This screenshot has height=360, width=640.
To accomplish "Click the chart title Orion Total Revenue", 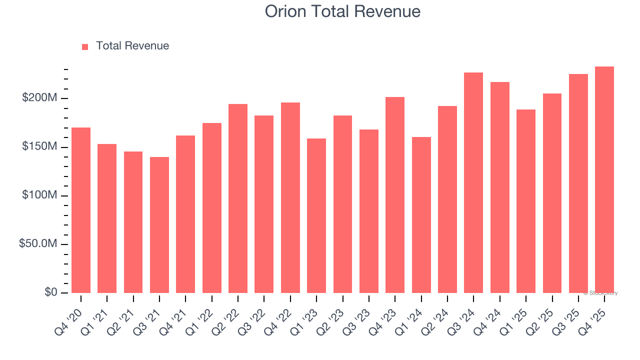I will click(x=342, y=11).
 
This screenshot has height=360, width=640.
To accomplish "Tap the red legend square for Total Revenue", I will click(x=85, y=46).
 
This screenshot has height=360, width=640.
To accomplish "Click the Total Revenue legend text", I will click(x=132, y=46).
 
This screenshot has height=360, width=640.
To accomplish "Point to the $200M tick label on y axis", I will click(x=39, y=98).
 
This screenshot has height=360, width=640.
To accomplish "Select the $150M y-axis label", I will click(x=39, y=146).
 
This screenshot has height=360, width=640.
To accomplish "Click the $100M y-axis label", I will click(x=39, y=195).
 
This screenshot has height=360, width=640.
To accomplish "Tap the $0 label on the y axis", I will click(x=50, y=292).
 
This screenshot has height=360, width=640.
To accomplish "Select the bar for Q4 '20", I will click(x=81, y=210).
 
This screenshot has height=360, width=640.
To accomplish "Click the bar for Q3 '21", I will click(x=159, y=225).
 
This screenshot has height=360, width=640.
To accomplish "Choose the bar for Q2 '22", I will click(x=238, y=198).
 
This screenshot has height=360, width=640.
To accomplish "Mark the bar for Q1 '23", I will click(x=316, y=215).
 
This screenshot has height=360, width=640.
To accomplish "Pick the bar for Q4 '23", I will click(x=395, y=195).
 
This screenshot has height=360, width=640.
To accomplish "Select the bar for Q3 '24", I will click(x=473, y=182).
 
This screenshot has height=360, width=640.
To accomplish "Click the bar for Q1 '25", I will click(x=526, y=201).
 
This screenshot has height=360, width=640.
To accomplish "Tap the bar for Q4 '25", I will click(x=604, y=179).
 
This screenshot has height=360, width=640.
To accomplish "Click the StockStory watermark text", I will click(x=600, y=293).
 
